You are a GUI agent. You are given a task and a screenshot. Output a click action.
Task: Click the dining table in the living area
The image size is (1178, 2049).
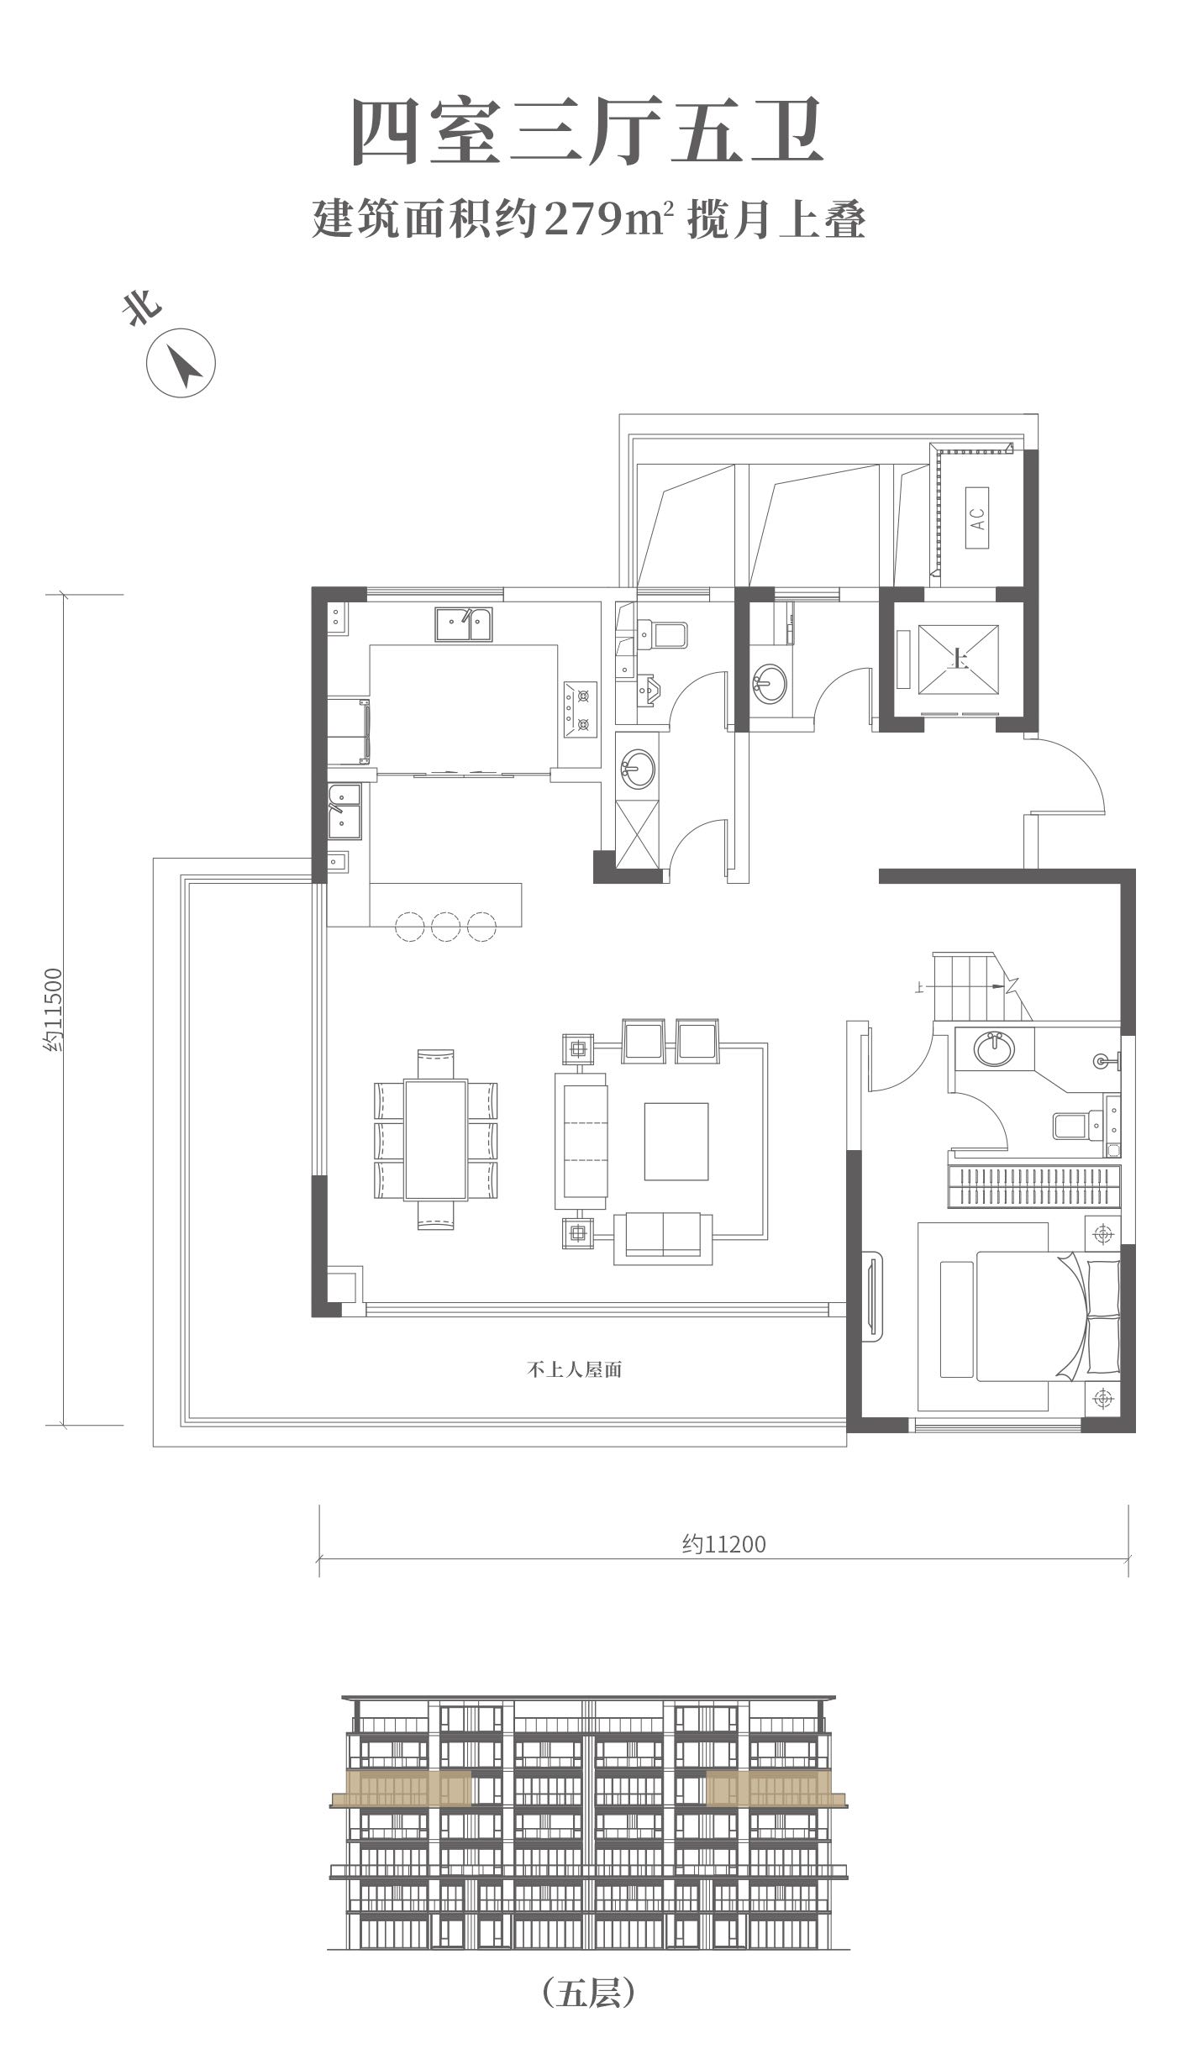click(x=435, y=1139)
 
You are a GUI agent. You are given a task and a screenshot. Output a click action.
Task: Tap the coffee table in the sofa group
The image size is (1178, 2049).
click(x=676, y=1141)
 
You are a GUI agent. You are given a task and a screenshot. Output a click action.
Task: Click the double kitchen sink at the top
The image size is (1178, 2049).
click(x=464, y=625)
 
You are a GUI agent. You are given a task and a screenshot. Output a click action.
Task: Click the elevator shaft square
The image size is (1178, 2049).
click(x=959, y=659)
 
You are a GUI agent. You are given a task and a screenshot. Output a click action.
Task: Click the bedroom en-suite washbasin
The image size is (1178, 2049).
click(x=994, y=1049)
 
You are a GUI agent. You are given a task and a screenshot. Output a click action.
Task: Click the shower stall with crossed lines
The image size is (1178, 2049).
click(x=639, y=833)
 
